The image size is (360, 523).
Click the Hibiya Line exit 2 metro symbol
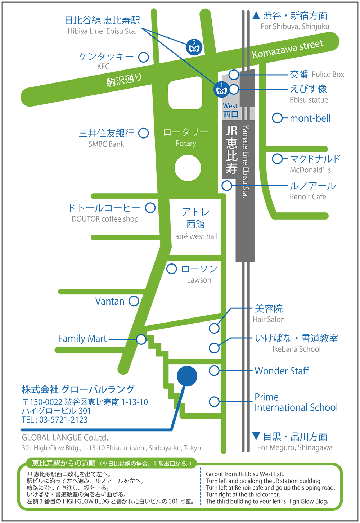coord(194,47)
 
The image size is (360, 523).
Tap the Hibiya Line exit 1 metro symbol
coord(221,89)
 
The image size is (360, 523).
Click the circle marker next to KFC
coord(143,57)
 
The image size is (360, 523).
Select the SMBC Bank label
coord(106,144)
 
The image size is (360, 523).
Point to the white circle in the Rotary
coord(188,168)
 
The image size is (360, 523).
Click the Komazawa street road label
coord(288,49)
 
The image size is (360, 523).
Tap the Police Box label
coord(328,74)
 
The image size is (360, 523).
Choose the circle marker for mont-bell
coord(277,118)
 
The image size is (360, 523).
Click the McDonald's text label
coord(310,170)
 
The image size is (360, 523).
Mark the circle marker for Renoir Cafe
coord(227,186)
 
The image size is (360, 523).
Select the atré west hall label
coord(196,236)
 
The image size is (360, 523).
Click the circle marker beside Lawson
coord(171,269)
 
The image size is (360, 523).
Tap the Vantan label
coord(110,301)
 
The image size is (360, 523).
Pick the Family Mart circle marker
coord(141,339)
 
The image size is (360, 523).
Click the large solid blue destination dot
coord(187,376)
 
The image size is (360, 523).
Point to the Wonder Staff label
coord(282,371)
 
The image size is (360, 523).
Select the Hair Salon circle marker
coord(214,328)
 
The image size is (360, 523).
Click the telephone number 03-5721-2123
coord(63,420)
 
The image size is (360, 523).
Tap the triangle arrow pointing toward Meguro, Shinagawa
coord(256,436)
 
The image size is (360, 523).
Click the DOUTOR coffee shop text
coord(105,219)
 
